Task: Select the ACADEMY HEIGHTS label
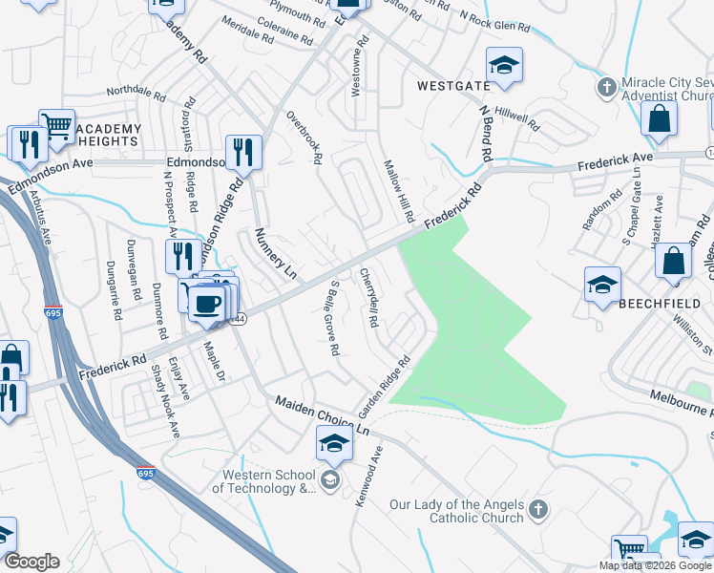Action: pyautogui.click(x=108, y=135)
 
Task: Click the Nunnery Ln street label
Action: pyautogui.click(x=273, y=259)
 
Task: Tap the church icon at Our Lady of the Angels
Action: pyautogui.click(x=538, y=510)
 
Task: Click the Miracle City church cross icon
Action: pyautogui.click(x=605, y=89)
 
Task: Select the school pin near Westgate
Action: pyautogui.click(x=504, y=65)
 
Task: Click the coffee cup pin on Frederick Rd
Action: pyautogui.click(x=205, y=304)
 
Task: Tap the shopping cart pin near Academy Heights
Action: pyautogui.click(x=56, y=125)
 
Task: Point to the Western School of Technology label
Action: pyautogui.click(x=268, y=481)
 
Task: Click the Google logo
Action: pyautogui.click(x=31, y=562)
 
